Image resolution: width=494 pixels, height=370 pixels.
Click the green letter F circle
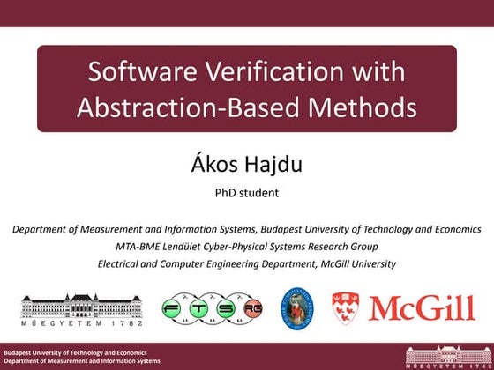[176, 309]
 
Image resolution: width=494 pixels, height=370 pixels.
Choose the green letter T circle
[204, 309]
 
